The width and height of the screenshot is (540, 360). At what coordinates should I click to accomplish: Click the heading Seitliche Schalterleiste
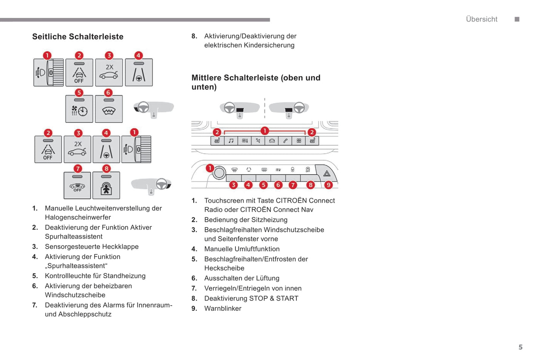(78, 37)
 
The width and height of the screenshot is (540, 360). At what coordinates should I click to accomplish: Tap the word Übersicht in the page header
(481, 19)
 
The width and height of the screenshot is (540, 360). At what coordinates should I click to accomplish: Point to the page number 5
(520, 347)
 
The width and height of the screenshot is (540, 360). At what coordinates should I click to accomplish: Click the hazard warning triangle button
(327, 173)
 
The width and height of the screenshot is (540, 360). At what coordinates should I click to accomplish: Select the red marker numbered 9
(328, 185)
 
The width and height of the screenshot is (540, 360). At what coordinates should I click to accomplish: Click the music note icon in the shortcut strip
(231, 141)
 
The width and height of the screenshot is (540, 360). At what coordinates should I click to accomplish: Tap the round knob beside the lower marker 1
(219, 173)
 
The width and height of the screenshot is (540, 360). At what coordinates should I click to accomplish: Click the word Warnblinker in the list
(223, 308)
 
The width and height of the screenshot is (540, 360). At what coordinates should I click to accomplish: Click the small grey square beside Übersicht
(517, 19)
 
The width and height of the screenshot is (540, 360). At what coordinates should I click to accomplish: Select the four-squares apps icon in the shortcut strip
(299, 141)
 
